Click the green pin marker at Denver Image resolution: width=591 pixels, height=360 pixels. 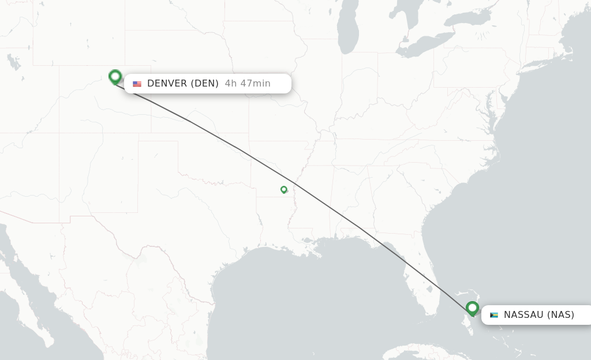tap(115, 76)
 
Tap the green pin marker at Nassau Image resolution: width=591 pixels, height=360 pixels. tap(473, 308)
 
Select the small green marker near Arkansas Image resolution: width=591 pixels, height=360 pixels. tap(284, 189)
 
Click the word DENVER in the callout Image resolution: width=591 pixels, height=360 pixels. tap(167, 84)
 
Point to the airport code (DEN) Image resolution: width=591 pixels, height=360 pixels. tap(205, 84)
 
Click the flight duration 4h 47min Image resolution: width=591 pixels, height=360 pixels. tap(248, 84)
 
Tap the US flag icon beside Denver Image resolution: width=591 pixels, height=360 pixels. tap(137, 84)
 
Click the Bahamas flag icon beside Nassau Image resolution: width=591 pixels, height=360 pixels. tap(493, 315)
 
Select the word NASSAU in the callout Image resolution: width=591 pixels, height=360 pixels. tap(523, 315)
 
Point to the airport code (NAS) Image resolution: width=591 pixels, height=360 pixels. tap(560, 315)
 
